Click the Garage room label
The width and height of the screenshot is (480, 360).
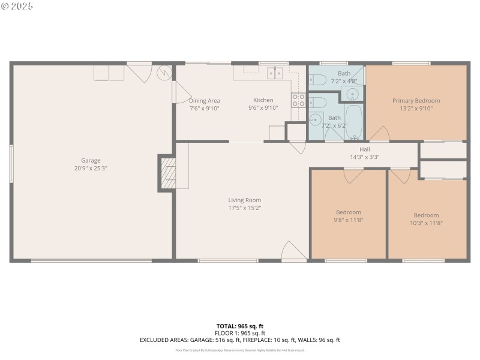pyautogui.click(x=91, y=160)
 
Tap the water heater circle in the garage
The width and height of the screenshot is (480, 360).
pyautogui.click(x=164, y=73)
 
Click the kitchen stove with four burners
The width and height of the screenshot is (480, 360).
pyautogui.click(x=298, y=100)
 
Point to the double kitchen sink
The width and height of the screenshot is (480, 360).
pyautogui.click(x=275, y=73)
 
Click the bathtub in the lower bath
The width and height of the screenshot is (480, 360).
pyautogui.click(x=353, y=122)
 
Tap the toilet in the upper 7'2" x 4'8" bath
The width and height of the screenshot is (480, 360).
pyautogui.click(x=317, y=79)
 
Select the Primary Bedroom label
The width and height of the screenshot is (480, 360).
pyautogui.click(x=416, y=101)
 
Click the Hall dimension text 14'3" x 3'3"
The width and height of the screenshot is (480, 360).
pyautogui.click(x=364, y=157)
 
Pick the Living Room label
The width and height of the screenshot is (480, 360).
pyautogui.click(x=244, y=200)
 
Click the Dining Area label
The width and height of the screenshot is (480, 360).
pyautogui.click(x=205, y=101)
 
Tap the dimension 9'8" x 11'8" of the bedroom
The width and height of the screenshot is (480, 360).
pyautogui.click(x=348, y=220)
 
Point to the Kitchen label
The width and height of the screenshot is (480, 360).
pyautogui.click(x=263, y=100)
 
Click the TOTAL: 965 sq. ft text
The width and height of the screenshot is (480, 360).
pyautogui.click(x=239, y=326)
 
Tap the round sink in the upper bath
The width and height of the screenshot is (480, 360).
pyautogui.click(x=352, y=94)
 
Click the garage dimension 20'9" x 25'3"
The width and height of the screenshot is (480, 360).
pyautogui.click(x=91, y=169)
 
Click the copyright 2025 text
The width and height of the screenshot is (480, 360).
pyautogui.click(x=17, y=5)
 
